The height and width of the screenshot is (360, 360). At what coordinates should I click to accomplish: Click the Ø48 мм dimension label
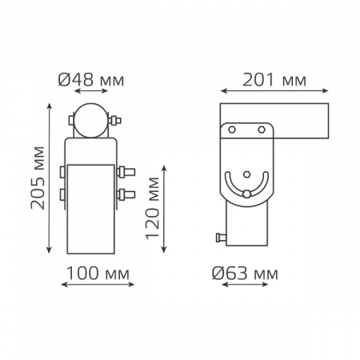click(x=91, y=80)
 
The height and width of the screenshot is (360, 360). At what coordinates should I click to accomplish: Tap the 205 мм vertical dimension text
click(x=38, y=178)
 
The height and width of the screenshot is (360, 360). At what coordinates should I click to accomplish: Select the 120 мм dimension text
click(x=152, y=208)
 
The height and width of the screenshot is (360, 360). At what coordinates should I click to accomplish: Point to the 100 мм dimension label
click(x=98, y=274)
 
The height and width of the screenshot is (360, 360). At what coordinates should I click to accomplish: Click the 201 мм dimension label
click(x=274, y=80)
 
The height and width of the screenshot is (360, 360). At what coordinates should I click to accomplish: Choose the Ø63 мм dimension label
click(x=245, y=274)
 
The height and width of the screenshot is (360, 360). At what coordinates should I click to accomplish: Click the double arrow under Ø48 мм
click(x=91, y=91)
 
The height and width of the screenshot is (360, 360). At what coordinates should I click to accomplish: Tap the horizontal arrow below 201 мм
click(x=274, y=91)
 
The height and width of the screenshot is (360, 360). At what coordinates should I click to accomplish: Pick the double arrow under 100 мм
click(x=98, y=285)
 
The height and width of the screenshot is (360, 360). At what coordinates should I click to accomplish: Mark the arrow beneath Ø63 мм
click(x=245, y=285)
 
